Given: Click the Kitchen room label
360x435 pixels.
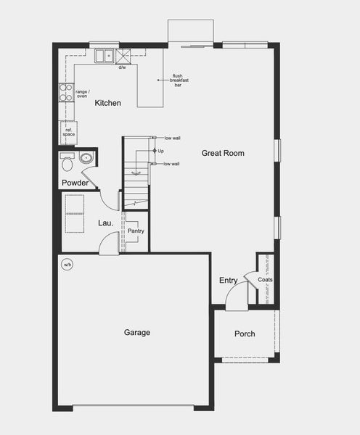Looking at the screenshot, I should point(108,104).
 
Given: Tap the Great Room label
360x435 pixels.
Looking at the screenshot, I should point(223,153).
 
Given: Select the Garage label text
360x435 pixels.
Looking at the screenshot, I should point(136,333).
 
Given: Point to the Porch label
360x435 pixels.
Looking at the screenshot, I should point(245,334).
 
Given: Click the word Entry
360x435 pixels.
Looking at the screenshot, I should point(229,281).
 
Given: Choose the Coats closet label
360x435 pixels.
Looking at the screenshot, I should point(265,279).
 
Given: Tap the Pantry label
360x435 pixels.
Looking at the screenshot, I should point(136,231).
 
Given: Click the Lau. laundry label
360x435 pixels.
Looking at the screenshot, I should point(105,223).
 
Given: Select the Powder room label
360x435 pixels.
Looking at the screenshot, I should point(75,183).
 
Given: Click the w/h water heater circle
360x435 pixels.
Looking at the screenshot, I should point(67,264).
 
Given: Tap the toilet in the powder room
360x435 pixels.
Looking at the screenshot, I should point(68,158).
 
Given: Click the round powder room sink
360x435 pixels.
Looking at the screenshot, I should point(86,157).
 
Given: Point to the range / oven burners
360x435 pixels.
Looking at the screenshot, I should point(65,93).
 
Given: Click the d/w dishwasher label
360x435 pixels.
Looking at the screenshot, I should point(122,68).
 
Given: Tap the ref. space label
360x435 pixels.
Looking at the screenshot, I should point(68,132).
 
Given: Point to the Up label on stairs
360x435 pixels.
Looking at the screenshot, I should point(162,151).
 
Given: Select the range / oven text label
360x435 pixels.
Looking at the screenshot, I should point(82,94).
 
